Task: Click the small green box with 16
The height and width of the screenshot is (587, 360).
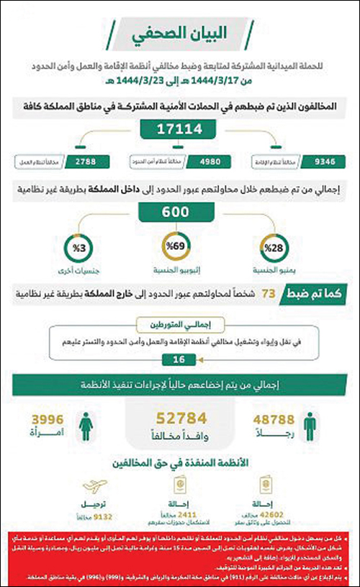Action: click(180, 358)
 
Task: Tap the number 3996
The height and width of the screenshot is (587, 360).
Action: click(47, 418)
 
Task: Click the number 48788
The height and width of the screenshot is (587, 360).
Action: click(276, 418)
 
